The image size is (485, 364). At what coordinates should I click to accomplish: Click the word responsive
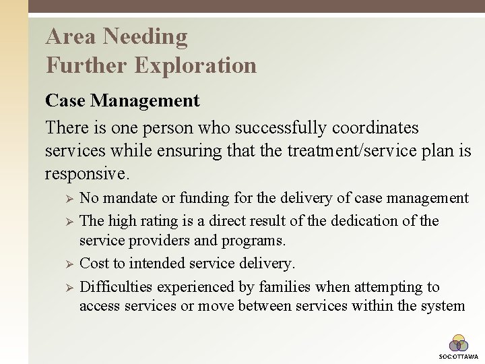[86, 174]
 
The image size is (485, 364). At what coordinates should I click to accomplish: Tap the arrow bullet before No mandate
[67, 199]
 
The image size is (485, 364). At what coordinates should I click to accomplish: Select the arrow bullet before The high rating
[67, 221]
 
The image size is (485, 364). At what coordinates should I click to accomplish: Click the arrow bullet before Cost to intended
[67, 264]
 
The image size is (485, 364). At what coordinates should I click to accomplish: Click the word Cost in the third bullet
[94, 263]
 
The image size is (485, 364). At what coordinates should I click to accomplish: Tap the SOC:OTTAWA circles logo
[459, 344]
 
